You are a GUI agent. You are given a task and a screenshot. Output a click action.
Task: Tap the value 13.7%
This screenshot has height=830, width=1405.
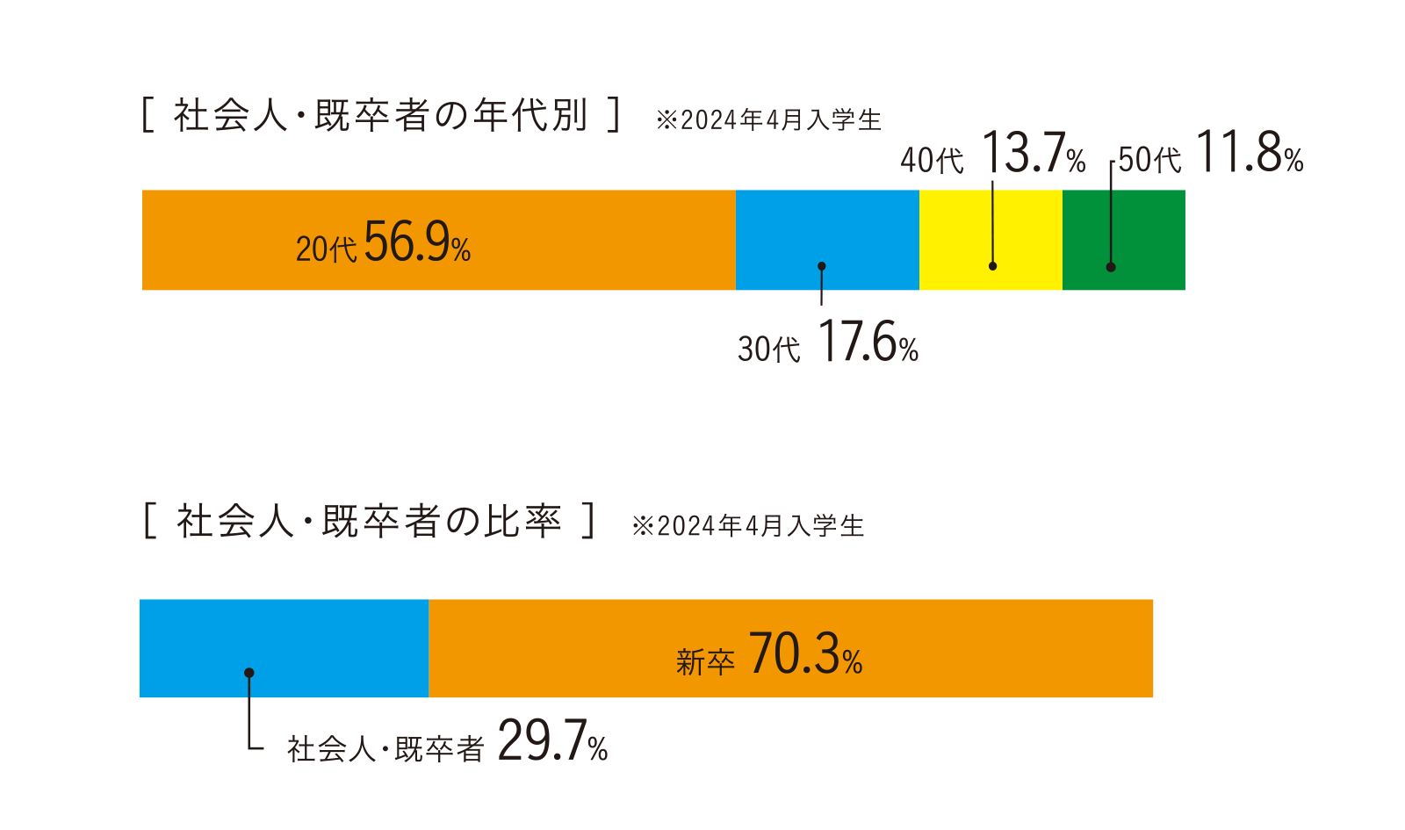coord(1033,154)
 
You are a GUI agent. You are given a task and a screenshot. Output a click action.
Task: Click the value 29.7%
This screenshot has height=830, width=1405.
coord(552,742)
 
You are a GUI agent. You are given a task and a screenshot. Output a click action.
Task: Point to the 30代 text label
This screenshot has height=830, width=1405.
coord(768,350)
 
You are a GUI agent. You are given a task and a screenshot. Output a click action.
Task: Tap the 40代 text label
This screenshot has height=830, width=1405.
coord(932,161)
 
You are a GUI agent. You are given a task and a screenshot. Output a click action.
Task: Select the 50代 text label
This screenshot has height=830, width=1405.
coord(1149,160)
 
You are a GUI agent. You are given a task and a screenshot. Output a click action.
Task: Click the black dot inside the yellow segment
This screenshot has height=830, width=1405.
coord(992,266)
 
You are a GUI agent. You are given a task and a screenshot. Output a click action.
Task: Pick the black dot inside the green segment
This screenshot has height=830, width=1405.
coord(1111,267)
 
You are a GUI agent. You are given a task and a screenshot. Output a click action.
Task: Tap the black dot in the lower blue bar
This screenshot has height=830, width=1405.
coord(249,673)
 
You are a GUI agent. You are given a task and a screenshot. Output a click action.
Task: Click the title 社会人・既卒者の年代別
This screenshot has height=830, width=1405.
coord(380,115)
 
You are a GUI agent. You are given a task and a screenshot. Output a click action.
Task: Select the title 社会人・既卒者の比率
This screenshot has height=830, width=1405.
coord(369,521)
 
